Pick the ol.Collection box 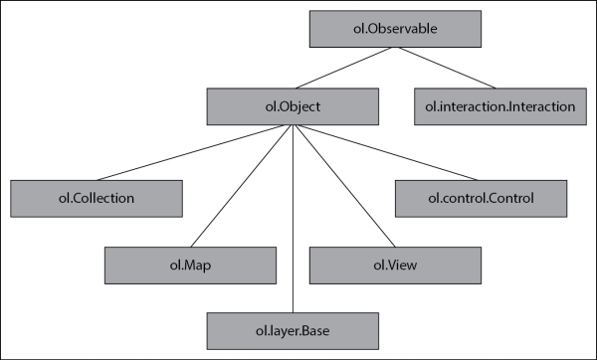click(96, 198)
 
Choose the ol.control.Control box click(481, 198)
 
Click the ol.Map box click(189, 265)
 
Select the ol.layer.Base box click(294, 329)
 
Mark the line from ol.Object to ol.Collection click(195, 152)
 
